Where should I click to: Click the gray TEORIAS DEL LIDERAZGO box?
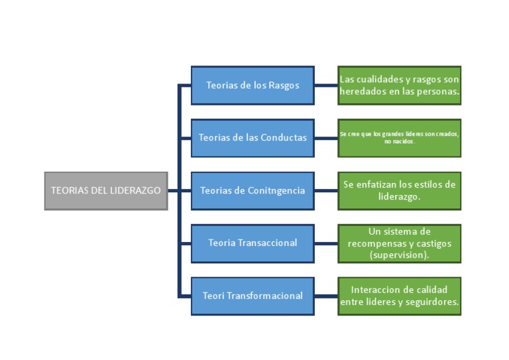(x=105, y=190)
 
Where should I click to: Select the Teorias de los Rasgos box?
(x=252, y=85)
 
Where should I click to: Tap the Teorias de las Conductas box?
(x=252, y=137)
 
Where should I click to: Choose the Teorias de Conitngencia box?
(x=252, y=190)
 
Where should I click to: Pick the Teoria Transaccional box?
(x=252, y=243)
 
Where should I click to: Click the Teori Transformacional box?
(x=252, y=296)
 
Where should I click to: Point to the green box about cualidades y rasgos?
(x=399, y=85)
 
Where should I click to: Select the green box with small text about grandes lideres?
(x=399, y=137)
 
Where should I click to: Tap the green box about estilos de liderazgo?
(x=399, y=190)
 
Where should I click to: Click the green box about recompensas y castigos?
(x=399, y=243)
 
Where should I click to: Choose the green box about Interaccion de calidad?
(x=399, y=296)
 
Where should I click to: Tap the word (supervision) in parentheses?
(x=399, y=255)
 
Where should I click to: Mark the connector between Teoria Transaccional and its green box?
(x=325, y=243)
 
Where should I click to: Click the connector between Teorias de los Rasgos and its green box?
(x=325, y=85)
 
